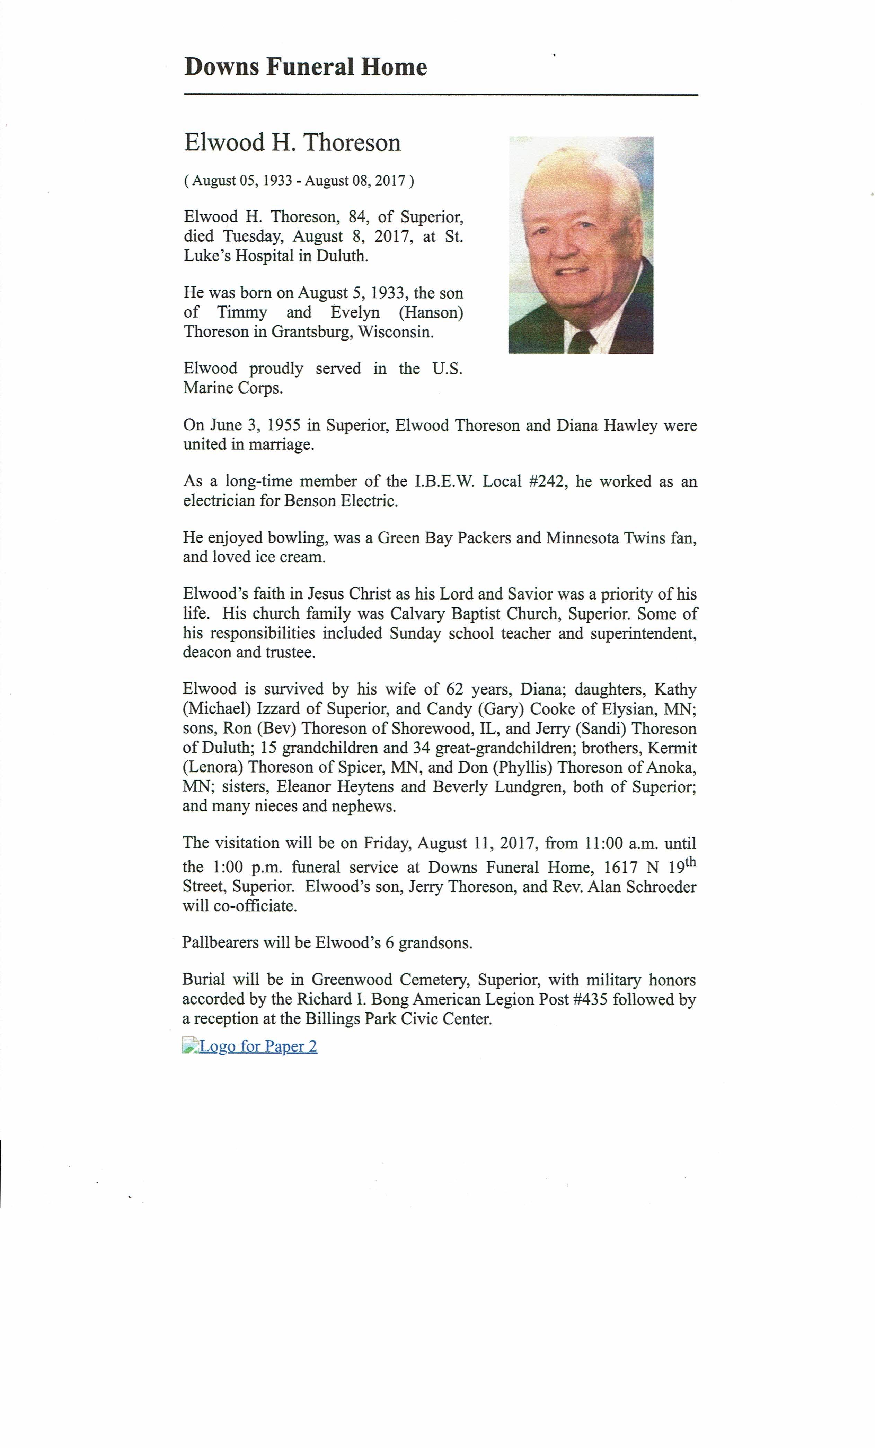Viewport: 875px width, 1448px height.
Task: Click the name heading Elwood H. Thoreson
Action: pyautogui.click(x=292, y=143)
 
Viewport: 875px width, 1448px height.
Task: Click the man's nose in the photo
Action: pyautogui.click(x=565, y=247)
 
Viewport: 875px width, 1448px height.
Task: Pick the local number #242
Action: pyautogui.click(x=548, y=482)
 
